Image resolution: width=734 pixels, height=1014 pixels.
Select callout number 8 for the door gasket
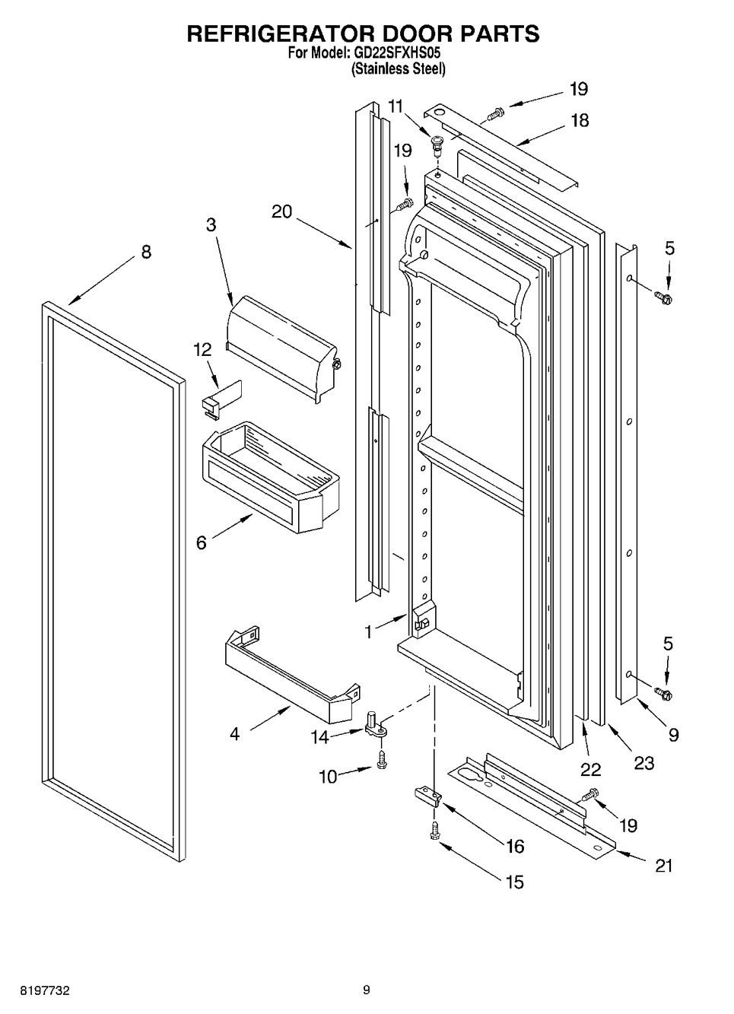[146, 251]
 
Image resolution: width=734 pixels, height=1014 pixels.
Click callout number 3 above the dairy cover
[211, 225]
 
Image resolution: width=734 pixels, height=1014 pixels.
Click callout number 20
[282, 211]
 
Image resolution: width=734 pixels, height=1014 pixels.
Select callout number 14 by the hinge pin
[319, 737]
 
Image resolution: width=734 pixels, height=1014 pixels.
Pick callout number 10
[329, 777]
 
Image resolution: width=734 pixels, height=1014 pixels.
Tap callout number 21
[664, 866]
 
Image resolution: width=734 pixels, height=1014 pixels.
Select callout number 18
[580, 120]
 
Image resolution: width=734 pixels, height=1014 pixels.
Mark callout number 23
[644, 763]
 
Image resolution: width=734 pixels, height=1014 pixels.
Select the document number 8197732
[45, 987]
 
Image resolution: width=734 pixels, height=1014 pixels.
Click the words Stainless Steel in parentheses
[399, 68]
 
